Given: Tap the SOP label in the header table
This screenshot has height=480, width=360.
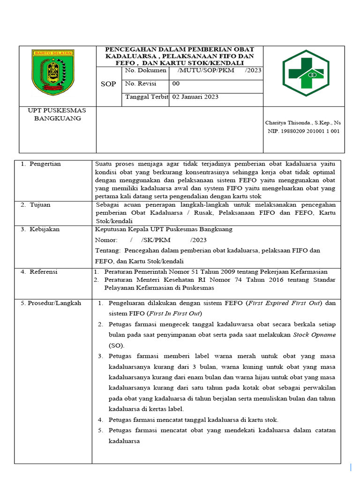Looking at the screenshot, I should [109, 84].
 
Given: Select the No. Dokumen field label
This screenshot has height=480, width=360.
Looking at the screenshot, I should [145, 70].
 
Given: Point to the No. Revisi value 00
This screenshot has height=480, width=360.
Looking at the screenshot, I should [176, 83].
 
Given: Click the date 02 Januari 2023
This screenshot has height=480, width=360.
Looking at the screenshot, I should [195, 97].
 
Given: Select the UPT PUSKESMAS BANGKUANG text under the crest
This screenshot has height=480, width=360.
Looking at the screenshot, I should [57, 114].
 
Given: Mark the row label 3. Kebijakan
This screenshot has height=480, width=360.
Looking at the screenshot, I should [40, 229].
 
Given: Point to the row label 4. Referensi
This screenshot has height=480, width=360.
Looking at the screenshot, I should [40, 271].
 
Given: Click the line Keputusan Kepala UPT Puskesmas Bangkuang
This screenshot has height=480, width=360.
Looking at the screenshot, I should [164, 229].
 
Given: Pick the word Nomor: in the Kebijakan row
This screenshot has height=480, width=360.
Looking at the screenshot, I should [105, 240].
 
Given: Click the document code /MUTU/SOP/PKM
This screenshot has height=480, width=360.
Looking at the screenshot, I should [206, 70].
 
